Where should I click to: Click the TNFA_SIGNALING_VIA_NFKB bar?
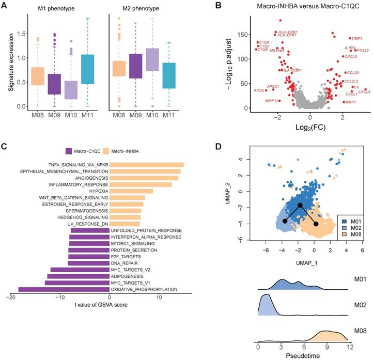146,164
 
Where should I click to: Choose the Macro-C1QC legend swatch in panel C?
68,150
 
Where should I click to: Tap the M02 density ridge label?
358,305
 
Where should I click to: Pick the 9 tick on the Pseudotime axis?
325,347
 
